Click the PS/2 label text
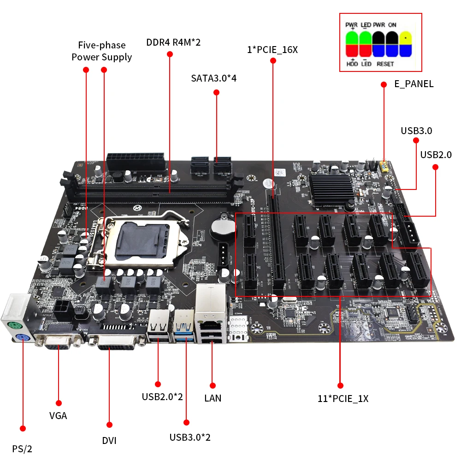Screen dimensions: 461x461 22,448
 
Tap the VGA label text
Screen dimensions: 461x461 58,416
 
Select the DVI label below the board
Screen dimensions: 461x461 109,441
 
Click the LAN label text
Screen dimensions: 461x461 213,398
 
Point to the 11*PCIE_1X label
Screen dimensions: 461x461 343,399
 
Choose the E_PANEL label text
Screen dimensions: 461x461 414,84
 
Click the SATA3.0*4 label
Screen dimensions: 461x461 213,78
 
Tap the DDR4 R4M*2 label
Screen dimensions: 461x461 173,43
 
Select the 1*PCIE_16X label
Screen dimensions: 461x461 272,49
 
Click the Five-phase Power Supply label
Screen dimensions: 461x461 101,51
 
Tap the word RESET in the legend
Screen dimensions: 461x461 385,64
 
